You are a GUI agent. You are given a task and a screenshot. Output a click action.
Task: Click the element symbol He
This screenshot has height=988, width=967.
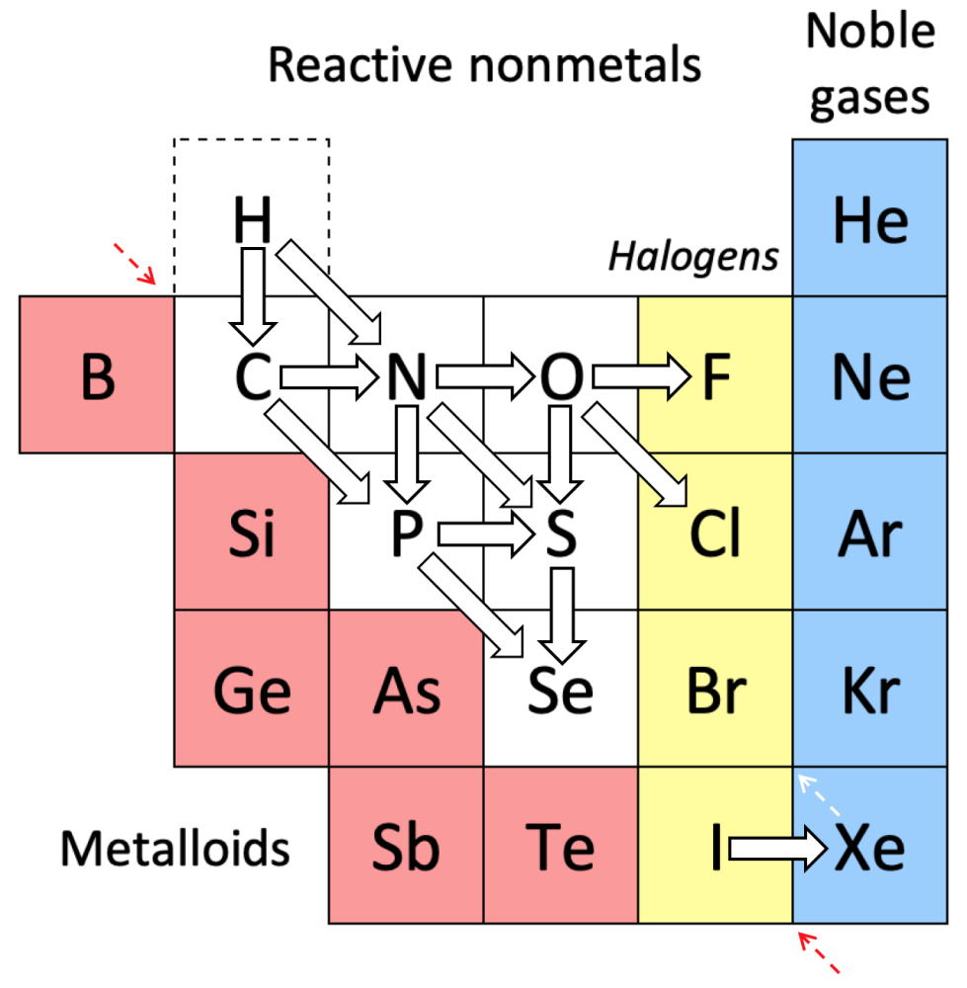coord(869,219)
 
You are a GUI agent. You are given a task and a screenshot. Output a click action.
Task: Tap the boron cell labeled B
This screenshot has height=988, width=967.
coord(97,375)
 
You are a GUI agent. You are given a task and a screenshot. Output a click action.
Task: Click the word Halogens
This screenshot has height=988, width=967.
coord(693,257)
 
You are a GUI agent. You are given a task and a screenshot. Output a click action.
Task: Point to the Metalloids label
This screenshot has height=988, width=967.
coord(176,848)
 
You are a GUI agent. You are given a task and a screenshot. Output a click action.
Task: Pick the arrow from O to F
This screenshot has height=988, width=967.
coord(640,375)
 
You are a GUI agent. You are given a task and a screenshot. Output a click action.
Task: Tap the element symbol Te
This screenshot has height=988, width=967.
coord(561,848)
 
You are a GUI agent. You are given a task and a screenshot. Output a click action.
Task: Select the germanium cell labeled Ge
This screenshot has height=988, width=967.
coord(252,690)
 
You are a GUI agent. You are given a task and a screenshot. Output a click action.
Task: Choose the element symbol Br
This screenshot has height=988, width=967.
coord(715,690)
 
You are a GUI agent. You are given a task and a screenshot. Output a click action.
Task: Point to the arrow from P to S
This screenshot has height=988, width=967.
coord(485,535)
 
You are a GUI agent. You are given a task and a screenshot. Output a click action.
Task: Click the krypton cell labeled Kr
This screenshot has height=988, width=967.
coord(869,690)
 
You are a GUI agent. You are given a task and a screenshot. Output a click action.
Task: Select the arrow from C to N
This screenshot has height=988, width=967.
coord(329,375)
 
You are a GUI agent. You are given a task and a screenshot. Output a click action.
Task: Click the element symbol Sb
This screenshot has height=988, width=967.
coord(406,848)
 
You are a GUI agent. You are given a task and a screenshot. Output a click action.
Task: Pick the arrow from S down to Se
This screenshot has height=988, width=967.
coord(562,615)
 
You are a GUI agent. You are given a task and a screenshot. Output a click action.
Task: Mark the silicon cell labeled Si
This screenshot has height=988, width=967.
coord(252,535)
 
